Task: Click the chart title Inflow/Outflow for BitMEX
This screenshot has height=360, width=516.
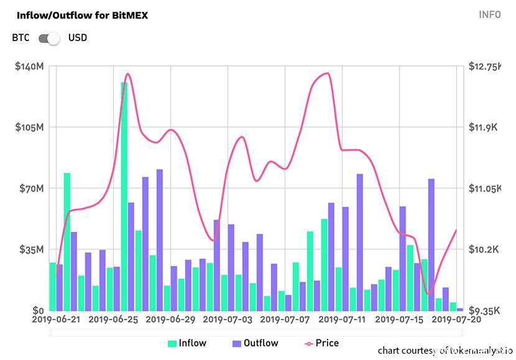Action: (82, 15)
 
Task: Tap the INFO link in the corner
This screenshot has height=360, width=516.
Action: (489, 15)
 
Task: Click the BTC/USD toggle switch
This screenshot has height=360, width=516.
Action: (49, 38)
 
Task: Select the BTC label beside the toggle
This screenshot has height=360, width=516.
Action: (21, 38)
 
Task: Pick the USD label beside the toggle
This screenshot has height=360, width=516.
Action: (78, 38)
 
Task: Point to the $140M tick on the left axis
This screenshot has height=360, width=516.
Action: (29, 67)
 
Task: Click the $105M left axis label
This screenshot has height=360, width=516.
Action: (29, 127)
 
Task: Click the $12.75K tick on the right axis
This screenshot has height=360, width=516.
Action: (485, 67)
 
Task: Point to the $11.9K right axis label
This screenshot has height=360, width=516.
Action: (484, 127)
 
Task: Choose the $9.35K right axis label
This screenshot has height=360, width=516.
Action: (484, 310)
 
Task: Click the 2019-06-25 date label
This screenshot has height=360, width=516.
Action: (113, 320)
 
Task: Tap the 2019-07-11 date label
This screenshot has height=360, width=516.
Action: (342, 320)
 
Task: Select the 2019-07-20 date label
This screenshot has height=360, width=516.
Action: (457, 320)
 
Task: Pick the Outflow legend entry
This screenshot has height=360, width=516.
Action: (255, 343)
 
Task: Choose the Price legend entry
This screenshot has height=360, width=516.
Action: (321, 343)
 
